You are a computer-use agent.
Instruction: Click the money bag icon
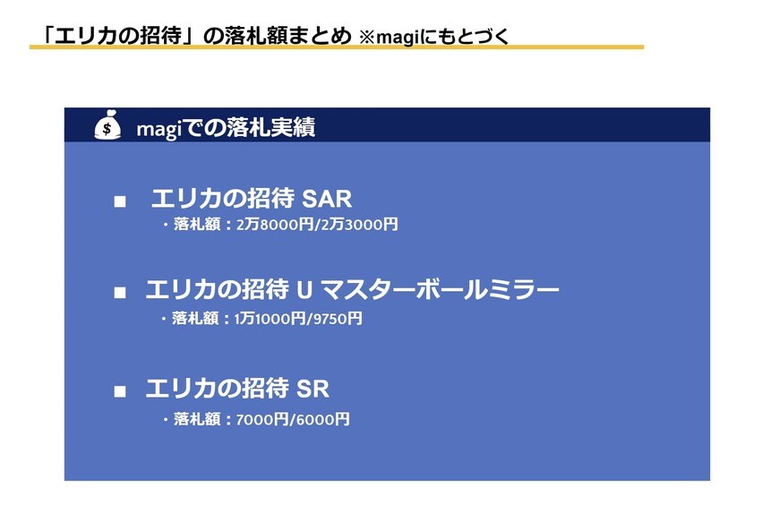107,124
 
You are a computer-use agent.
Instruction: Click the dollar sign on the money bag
107,130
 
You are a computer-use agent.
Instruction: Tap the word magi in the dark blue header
157,130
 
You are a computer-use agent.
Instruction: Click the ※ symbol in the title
366,38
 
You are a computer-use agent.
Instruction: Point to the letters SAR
327,199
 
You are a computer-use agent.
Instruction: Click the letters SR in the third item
313,389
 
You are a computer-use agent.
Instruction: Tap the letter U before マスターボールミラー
304,290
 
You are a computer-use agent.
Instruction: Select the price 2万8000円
275,225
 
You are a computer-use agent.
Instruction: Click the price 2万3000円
360,225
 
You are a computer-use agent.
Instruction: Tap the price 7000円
261,420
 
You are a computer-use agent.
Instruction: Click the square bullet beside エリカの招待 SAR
120,201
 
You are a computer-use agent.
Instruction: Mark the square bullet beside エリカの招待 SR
120,392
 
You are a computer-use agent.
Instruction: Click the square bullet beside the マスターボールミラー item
120,293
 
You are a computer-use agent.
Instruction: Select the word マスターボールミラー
440,290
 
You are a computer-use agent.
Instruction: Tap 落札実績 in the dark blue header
270,128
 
